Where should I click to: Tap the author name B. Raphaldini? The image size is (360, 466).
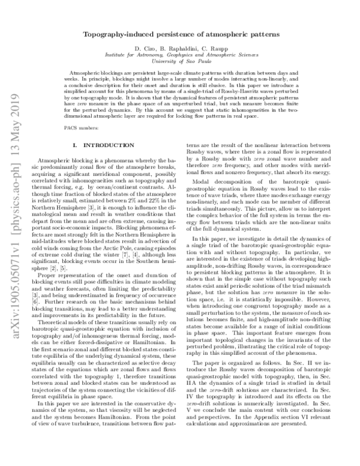tap(178, 47)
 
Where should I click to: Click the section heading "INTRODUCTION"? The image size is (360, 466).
tap(98, 146)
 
